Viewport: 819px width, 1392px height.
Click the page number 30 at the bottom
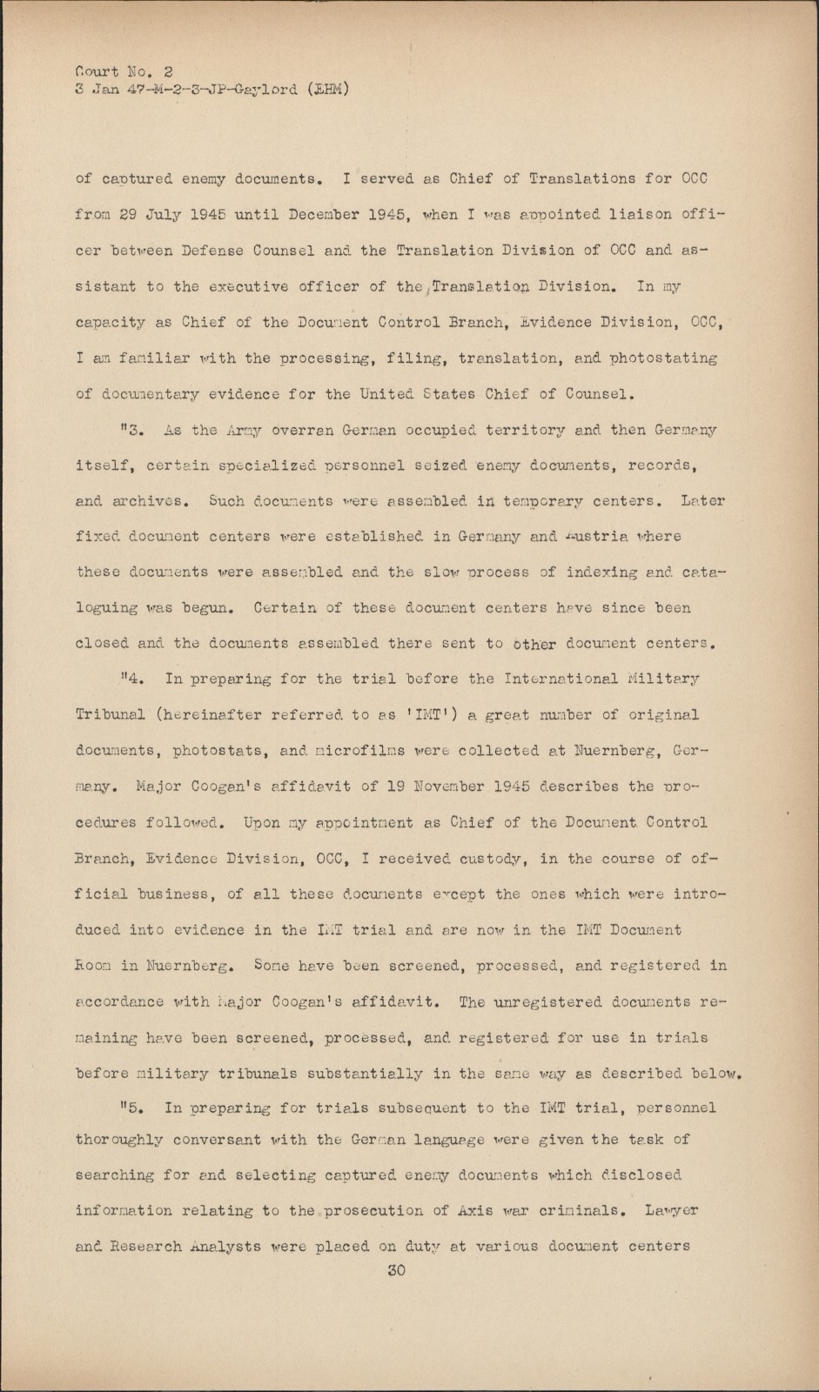click(x=396, y=1270)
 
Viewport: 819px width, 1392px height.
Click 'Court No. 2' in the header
click(x=124, y=71)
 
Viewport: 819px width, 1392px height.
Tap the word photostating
click(x=662, y=358)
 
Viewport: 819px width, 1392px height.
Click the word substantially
click(x=362, y=1073)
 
